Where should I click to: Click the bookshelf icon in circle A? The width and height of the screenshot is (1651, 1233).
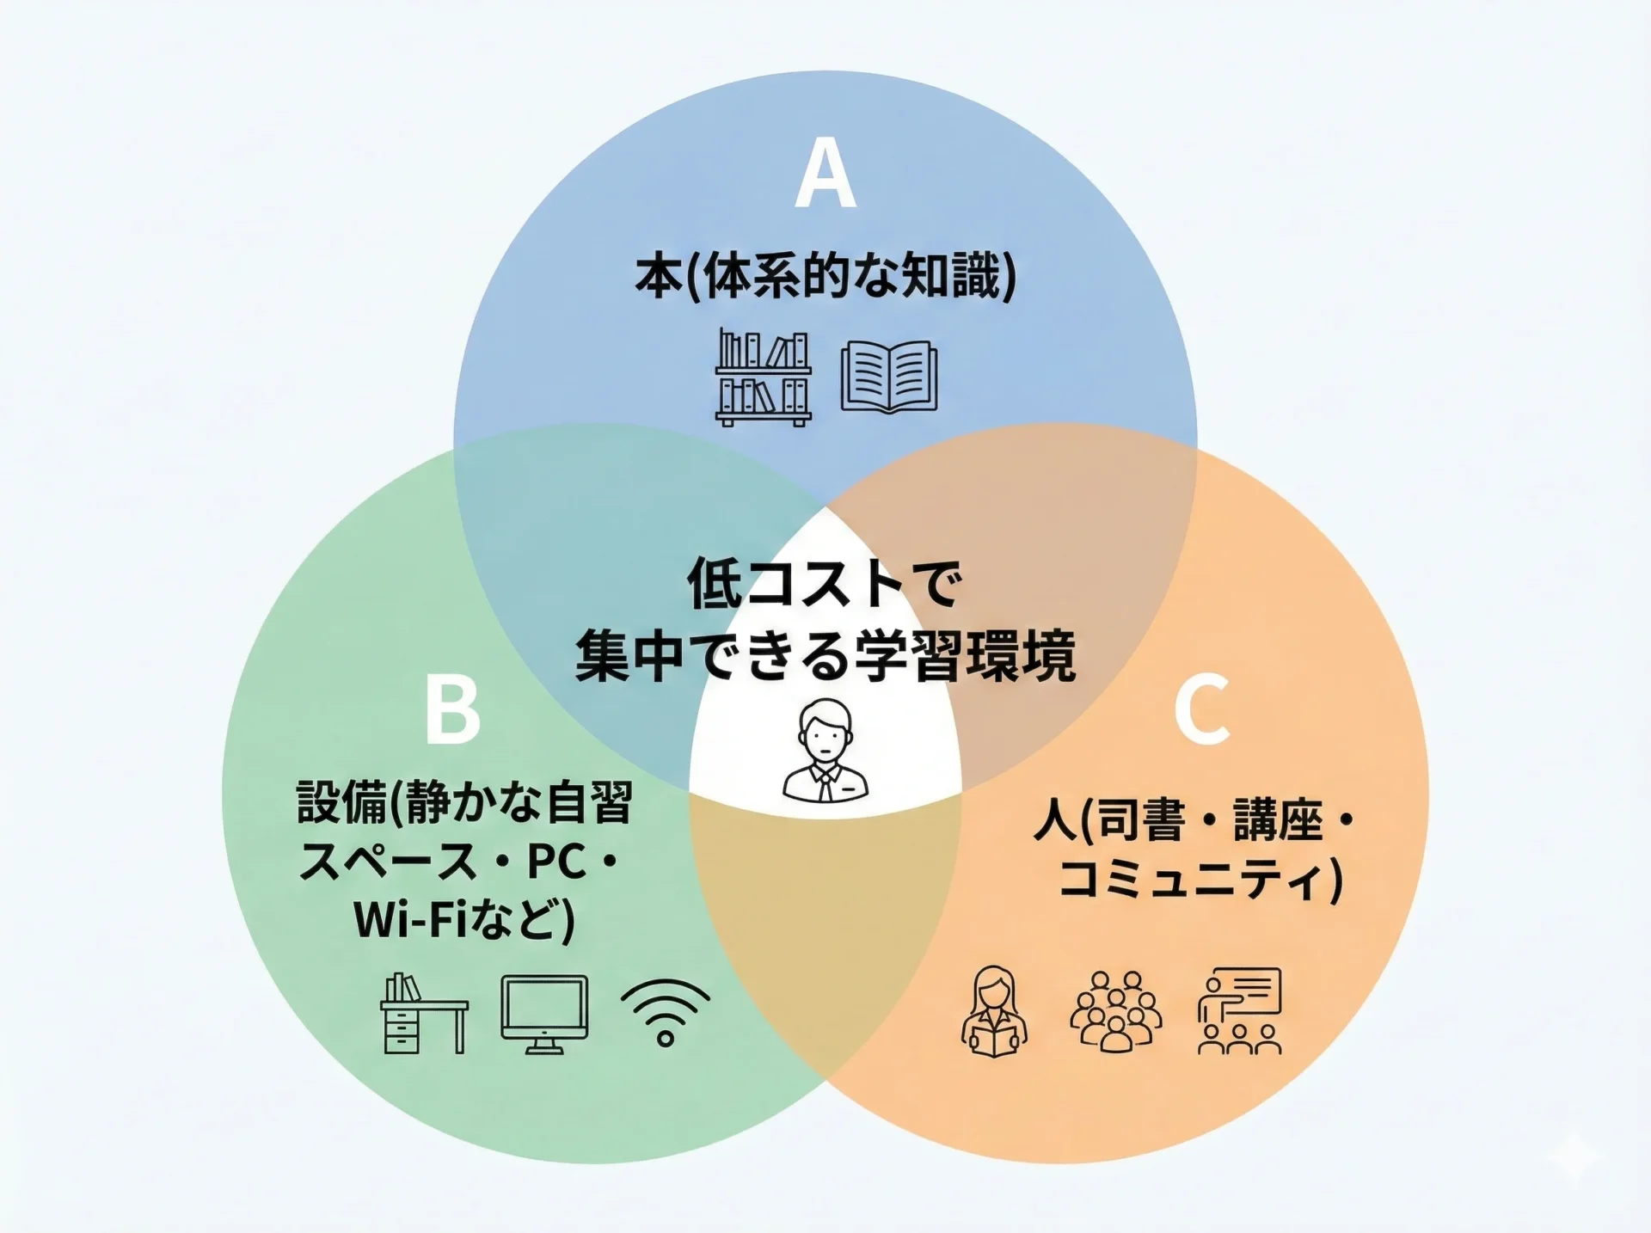click(764, 377)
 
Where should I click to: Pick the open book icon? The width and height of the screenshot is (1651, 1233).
click(889, 377)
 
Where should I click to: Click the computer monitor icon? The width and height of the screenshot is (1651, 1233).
click(544, 1014)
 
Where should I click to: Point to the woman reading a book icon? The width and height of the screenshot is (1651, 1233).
click(994, 1012)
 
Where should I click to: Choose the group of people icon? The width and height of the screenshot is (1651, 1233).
click(1115, 1012)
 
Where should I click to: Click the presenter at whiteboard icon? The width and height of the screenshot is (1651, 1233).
click(1239, 1011)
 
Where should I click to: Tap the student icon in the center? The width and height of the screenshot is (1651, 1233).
click(825, 750)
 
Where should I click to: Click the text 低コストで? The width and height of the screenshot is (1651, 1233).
click(824, 585)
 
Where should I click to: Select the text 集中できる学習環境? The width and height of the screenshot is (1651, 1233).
click(825, 657)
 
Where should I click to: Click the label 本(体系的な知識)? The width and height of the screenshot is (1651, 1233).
click(825, 277)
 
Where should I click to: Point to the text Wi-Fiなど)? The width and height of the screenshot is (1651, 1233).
click(463, 919)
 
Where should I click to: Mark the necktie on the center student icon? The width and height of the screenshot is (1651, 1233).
click(825, 784)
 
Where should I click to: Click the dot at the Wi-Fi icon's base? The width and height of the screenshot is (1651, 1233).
click(666, 1038)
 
